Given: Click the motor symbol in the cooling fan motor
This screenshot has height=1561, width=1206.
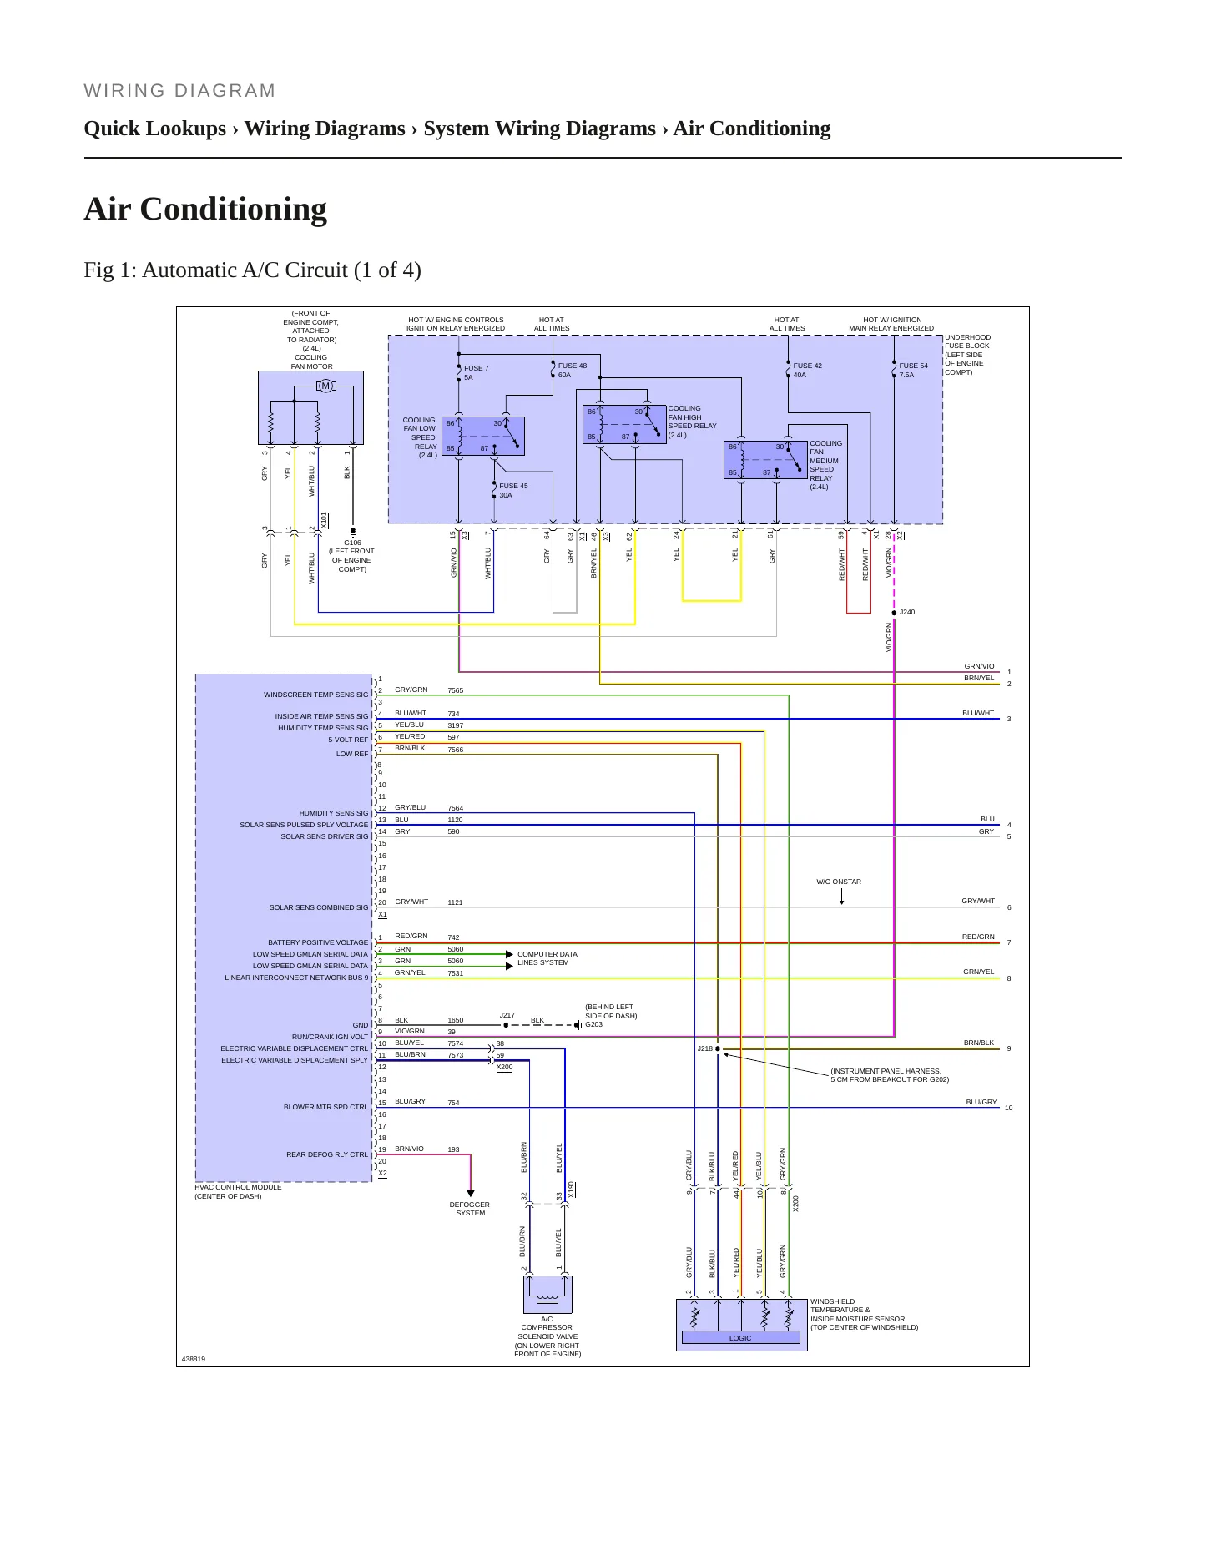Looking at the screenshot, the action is [x=325, y=386].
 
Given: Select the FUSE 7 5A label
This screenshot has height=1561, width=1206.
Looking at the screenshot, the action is [x=476, y=372].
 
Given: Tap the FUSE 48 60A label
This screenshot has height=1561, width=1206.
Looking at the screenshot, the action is [x=572, y=370].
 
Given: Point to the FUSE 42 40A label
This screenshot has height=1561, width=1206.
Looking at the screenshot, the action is [x=807, y=370].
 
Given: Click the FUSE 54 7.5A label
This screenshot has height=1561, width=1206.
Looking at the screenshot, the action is [x=913, y=370].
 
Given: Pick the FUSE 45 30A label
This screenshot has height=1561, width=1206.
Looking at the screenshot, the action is [x=513, y=490].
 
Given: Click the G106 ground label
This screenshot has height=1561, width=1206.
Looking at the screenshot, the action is [x=352, y=543].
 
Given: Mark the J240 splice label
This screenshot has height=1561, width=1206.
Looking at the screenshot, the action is [x=907, y=612].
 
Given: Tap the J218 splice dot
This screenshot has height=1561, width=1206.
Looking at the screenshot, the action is [x=718, y=1048].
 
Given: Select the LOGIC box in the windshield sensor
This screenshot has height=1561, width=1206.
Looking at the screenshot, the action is [x=740, y=1337].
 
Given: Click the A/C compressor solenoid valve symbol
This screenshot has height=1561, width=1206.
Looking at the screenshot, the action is [x=547, y=1294].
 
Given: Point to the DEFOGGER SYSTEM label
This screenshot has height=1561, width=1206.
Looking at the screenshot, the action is [x=470, y=1209].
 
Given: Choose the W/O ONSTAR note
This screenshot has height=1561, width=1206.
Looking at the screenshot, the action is [x=839, y=882].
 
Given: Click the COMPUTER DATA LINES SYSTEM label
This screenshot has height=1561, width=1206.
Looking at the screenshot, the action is [x=547, y=958].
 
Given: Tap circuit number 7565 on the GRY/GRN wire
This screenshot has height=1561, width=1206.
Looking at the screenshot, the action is [x=455, y=690].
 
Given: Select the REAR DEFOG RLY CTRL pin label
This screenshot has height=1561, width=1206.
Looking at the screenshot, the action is [x=327, y=1154].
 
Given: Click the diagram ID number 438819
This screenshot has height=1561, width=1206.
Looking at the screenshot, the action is [x=193, y=1359].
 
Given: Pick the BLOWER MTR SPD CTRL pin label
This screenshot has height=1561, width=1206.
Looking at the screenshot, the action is [x=325, y=1107].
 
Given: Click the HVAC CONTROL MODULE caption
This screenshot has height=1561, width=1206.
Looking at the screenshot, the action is [x=238, y=1187].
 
